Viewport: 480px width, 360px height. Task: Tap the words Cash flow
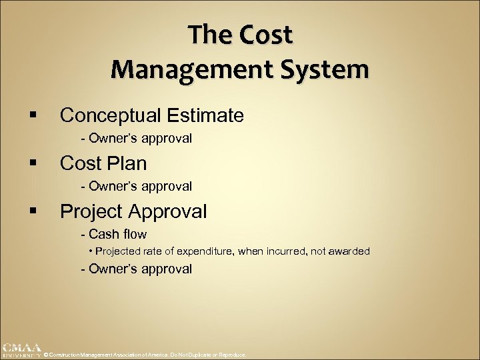pyautogui.click(x=117, y=234)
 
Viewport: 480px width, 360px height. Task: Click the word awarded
pyautogui.click(x=349, y=251)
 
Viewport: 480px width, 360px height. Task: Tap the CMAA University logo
pyautogui.click(x=21, y=350)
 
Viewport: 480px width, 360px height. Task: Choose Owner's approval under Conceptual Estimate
pyautogui.click(x=140, y=138)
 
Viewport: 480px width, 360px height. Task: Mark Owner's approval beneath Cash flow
pyautogui.click(x=140, y=269)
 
